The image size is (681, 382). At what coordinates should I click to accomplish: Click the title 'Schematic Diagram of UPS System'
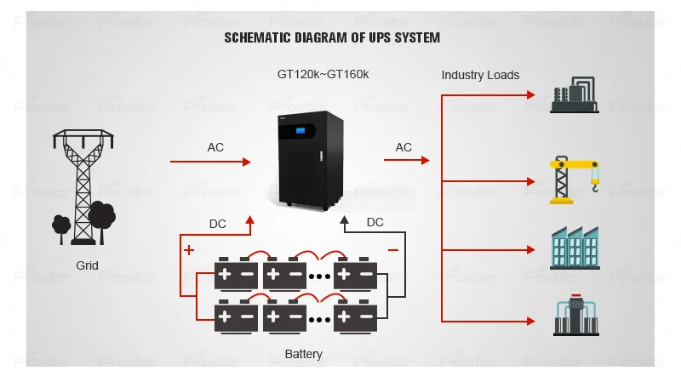(332, 37)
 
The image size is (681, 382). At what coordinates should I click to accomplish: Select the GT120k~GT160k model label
(323, 74)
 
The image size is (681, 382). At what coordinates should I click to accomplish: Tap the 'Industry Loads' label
(480, 75)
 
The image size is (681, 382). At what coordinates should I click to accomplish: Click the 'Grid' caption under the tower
(87, 265)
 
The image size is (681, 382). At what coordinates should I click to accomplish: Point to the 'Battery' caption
(303, 354)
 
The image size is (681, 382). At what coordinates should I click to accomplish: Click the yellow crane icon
(574, 179)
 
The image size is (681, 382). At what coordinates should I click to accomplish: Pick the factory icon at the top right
(574, 93)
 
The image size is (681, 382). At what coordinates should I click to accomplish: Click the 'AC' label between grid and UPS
(215, 147)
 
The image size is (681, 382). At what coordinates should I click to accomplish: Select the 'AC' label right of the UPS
(403, 147)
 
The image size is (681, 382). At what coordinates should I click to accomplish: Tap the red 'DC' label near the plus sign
(218, 225)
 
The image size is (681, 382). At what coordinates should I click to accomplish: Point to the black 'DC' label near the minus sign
(375, 222)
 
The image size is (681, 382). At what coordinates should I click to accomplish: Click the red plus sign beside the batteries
(188, 250)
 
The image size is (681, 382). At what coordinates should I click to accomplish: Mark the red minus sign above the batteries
(392, 250)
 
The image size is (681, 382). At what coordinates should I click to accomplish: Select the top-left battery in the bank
(235, 274)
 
